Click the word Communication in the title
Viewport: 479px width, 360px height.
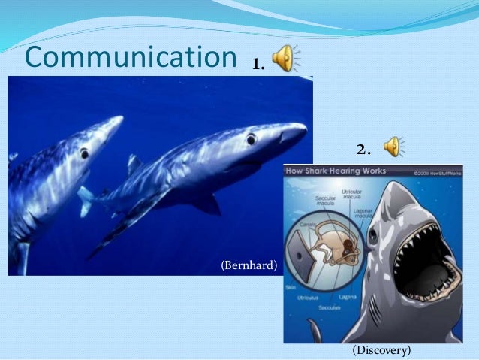pyautogui.click(x=130, y=57)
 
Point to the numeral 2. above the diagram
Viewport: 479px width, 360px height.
pyautogui.click(x=363, y=149)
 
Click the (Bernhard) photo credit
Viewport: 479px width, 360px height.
pyautogui.click(x=249, y=265)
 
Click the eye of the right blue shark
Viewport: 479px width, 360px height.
pyautogui.click(x=251, y=138)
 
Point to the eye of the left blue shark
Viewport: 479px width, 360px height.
pyautogui.click(x=84, y=153)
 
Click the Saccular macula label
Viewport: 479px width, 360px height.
pyautogui.click(x=325, y=201)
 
